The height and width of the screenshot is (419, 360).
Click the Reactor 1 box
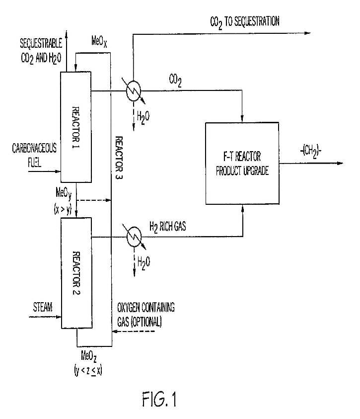click(x=76, y=127)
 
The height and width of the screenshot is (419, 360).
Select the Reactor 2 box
click(x=76, y=273)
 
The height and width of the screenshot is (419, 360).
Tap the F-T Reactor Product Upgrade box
click(x=242, y=164)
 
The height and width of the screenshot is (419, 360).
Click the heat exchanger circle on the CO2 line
click(x=134, y=90)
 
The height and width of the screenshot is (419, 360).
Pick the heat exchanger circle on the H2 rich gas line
click(x=134, y=237)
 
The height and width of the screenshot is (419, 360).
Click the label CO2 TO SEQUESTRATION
click(x=245, y=22)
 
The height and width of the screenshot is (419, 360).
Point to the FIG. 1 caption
click(x=159, y=399)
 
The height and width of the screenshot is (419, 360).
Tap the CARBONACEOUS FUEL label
click(x=34, y=155)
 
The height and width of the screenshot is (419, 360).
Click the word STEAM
click(x=43, y=307)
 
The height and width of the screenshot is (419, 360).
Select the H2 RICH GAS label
click(x=168, y=227)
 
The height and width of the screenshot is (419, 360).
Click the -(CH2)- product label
click(x=311, y=151)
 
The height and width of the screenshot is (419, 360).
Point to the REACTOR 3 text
click(x=119, y=158)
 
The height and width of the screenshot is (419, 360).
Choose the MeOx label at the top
click(x=99, y=42)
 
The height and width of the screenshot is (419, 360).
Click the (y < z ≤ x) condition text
click(x=88, y=371)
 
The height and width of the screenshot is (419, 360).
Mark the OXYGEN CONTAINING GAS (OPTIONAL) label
click(x=146, y=315)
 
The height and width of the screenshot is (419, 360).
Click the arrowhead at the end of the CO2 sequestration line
click(x=307, y=33)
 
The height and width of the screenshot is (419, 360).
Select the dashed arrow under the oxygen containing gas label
click(x=134, y=332)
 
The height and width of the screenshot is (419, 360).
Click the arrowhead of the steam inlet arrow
click(x=59, y=317)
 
